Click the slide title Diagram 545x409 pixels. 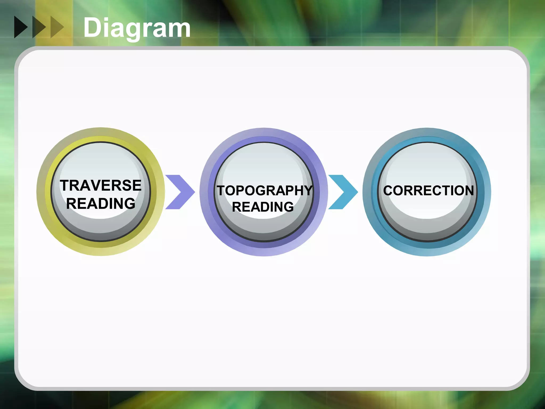[137, 28]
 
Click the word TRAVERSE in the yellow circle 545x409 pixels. [101, 185]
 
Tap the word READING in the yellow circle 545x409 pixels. [101, 203]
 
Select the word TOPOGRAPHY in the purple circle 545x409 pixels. [264, 191]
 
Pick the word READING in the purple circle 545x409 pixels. [263, 207]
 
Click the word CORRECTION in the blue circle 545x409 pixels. [428, 191]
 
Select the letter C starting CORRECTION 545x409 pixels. [388, 191]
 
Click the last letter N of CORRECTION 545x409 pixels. [469, 191]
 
